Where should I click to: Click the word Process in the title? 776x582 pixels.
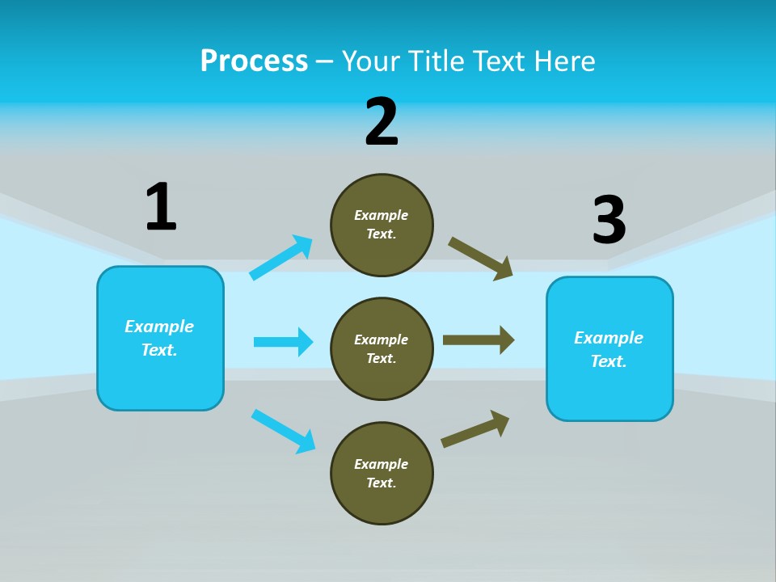254,61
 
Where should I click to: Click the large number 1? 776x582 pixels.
161,207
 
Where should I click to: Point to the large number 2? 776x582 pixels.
382,122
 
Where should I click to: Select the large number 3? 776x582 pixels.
609,220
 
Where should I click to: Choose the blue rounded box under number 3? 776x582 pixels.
609,391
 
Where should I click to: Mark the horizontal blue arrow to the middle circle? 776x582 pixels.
283,342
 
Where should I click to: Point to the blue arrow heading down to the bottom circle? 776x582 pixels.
283,431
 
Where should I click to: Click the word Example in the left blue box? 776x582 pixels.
159,327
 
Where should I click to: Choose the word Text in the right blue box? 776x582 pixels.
608,361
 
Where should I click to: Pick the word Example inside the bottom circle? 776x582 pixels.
381,464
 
